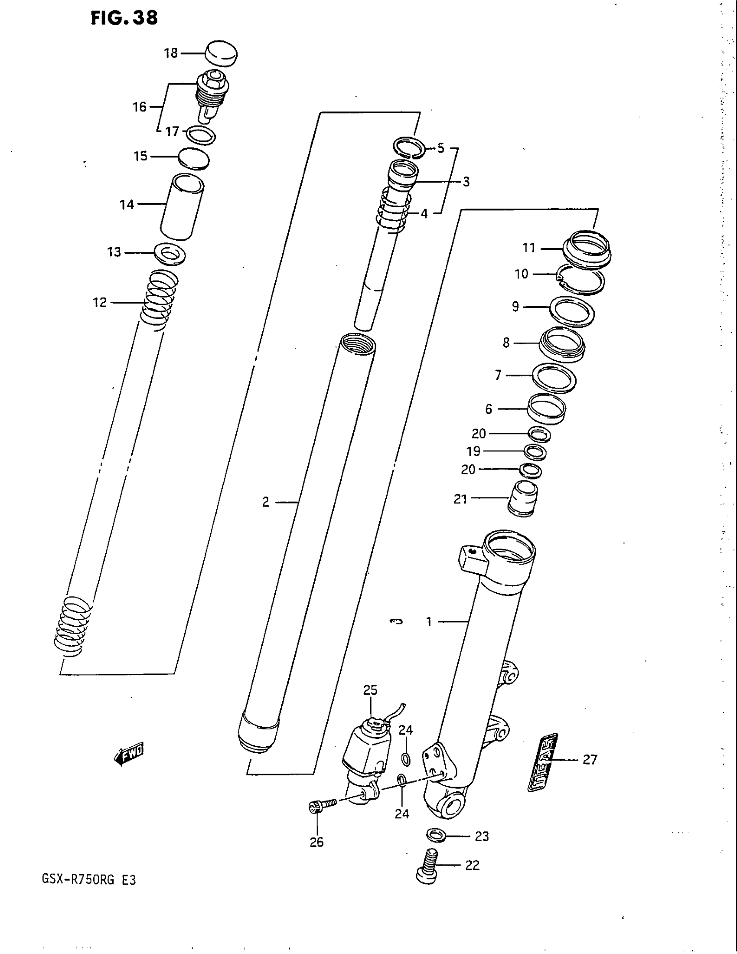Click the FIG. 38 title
(x=124, y=18)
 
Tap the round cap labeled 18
(x=221, y=54)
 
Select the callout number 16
(x=139, y=107)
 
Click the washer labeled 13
(x=170, y=253)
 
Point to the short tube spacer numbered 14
(x=182, y=206)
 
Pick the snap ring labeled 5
(x=409, y=147)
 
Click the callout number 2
(x=265, y=502)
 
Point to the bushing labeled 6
(x=547, y=408)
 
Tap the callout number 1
(x=429, y=621)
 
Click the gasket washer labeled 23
(x=435, y=835)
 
